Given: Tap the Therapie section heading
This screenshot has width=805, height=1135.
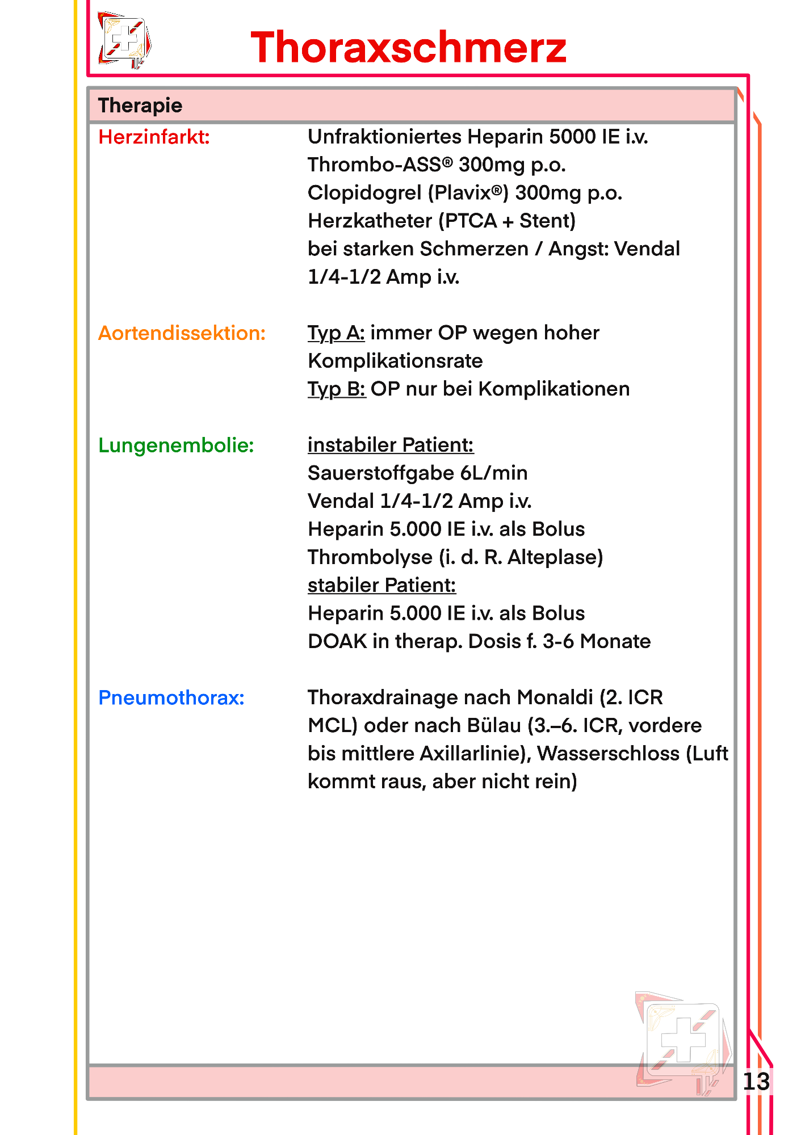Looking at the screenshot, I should point(140,106).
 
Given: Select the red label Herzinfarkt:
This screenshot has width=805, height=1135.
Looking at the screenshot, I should point(154,137).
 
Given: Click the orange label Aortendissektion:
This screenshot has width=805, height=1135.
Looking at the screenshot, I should point(182,333).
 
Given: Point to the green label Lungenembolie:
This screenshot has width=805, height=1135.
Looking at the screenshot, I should point(176,445).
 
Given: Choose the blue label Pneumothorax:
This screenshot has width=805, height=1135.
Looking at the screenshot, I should point(171,697).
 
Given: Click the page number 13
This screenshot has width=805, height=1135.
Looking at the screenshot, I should point(756,1081).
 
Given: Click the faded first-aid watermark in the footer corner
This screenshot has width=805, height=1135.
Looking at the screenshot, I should point(684,1042).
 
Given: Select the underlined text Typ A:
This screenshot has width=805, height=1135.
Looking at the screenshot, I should point(336,333).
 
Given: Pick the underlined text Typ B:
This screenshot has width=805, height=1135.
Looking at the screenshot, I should point(337,389).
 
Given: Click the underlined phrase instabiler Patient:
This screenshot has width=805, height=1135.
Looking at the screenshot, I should point(391,445).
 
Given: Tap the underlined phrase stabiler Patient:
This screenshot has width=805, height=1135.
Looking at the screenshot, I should point(381,585).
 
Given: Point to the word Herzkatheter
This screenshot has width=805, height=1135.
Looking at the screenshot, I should point(370,221).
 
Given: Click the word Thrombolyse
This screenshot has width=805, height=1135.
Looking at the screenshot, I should point(370,557).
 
